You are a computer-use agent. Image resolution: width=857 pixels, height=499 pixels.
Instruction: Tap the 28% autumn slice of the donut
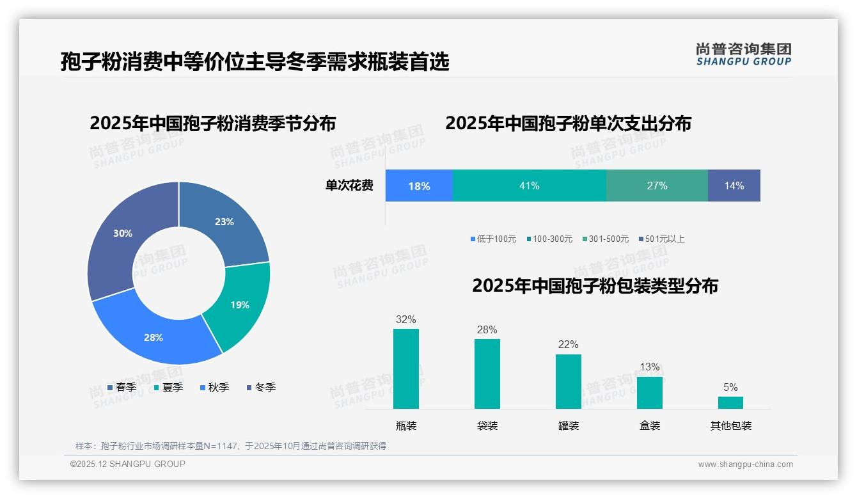(154, 337)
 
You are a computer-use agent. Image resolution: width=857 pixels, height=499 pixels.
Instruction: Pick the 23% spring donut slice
(224, 222)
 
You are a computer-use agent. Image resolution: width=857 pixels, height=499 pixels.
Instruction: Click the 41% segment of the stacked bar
(529, 186)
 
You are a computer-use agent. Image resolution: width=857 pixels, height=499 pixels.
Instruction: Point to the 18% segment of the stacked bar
(419, 186)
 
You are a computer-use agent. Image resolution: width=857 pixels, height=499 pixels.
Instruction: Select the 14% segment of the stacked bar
(734, 186)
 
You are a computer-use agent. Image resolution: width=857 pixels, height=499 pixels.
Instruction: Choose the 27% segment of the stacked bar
(657, 186)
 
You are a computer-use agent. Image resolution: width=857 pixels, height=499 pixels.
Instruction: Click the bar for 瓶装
(405, 369)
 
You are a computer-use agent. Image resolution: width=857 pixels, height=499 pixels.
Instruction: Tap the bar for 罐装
(568, 381)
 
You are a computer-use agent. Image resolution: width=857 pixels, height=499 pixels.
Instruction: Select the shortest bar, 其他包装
(730, 402)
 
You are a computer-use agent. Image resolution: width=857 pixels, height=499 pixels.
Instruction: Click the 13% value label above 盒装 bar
(649, 367)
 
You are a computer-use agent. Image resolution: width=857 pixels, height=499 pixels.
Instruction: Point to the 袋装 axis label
(487, 426)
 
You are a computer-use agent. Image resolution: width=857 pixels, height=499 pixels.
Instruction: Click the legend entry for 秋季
(214, 387)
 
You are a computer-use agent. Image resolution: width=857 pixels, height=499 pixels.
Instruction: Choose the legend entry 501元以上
(661, 239)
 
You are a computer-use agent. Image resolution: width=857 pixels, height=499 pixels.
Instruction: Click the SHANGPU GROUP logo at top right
(743, 54)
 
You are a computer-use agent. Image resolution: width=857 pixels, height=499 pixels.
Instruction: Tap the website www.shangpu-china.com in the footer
(745, 464)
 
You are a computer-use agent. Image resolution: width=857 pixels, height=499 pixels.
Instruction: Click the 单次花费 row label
(349, 186)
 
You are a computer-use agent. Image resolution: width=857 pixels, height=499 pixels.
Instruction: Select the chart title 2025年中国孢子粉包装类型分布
(595, 286)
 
